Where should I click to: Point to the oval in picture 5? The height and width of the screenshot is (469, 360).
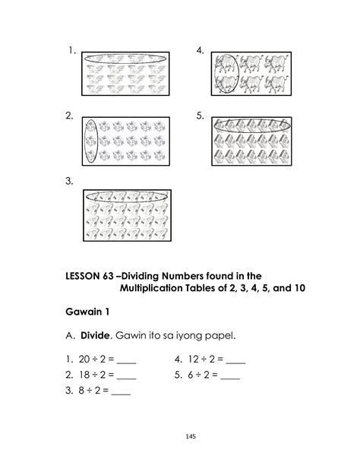[x=250, y=125]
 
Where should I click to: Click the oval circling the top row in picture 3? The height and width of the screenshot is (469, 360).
[x=127, y=196]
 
